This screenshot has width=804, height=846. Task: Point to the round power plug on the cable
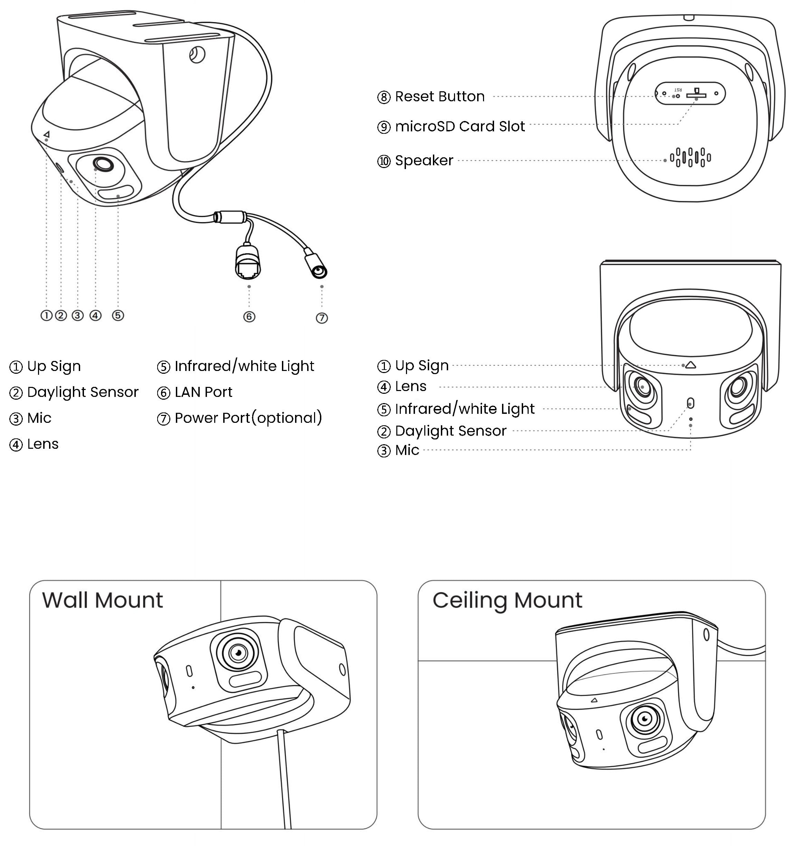point(318,270)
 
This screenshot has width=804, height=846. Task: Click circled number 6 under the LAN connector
point(249,317)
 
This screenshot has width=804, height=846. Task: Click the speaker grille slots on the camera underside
point(690,157)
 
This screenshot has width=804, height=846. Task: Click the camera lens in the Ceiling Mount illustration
point(645,718)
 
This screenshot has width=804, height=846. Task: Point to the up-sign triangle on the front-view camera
point(690,365)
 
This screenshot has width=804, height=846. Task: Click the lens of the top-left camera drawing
point(103,164)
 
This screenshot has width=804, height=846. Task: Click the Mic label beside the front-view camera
point(407,450)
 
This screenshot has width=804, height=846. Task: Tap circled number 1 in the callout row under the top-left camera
point(46,316)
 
